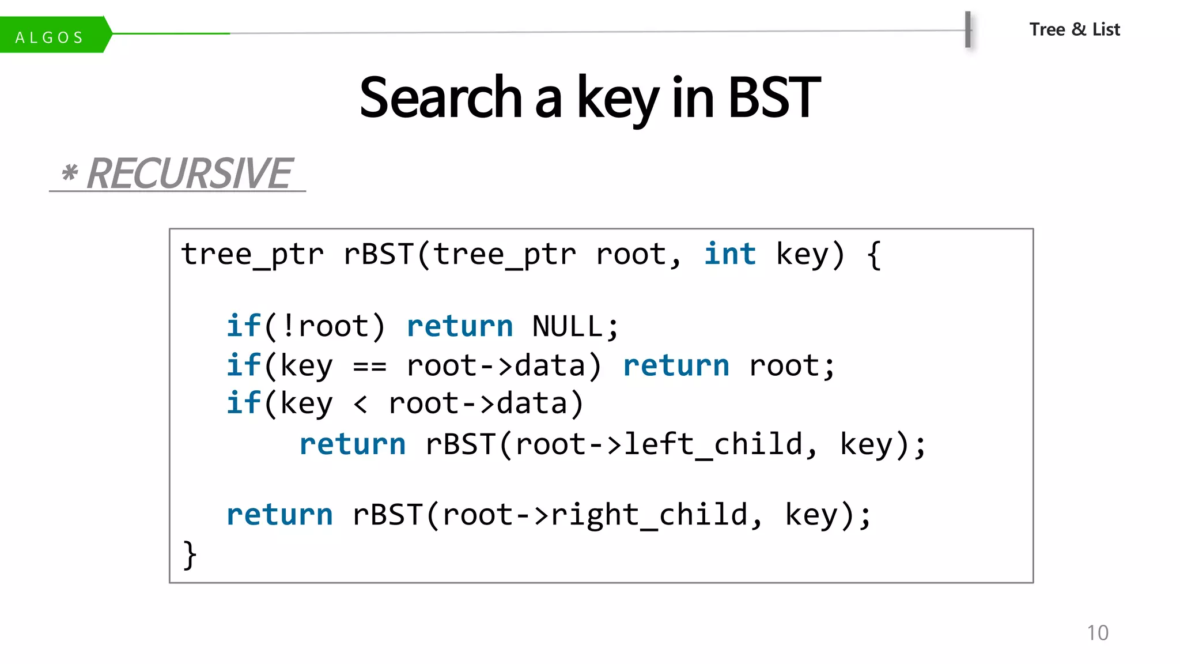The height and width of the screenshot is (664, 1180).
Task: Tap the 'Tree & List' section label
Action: coord(1074,29)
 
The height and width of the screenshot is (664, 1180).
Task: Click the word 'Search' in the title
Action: coord(441,98)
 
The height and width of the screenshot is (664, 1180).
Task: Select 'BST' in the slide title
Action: coord(774,98)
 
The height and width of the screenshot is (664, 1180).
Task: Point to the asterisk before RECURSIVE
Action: coord(70,172)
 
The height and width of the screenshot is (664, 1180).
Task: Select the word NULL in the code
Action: coord(568,326)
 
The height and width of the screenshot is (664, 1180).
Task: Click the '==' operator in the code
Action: coord(369,366)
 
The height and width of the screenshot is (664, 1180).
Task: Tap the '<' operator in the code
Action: coord(361,403)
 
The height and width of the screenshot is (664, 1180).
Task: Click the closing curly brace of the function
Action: coord(189,554)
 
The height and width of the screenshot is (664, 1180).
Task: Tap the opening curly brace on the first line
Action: coord(873,254)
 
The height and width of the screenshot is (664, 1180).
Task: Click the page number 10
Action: coord(1097,633)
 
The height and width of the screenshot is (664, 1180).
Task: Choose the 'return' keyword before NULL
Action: coord(459,326)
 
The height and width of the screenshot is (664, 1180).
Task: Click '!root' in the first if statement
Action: coord(325,326)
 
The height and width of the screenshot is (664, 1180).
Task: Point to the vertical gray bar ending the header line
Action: coord(968,29)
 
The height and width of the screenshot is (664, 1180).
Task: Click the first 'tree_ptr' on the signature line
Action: coord(252,254)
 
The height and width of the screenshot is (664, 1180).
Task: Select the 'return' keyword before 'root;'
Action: coord(676,366)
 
